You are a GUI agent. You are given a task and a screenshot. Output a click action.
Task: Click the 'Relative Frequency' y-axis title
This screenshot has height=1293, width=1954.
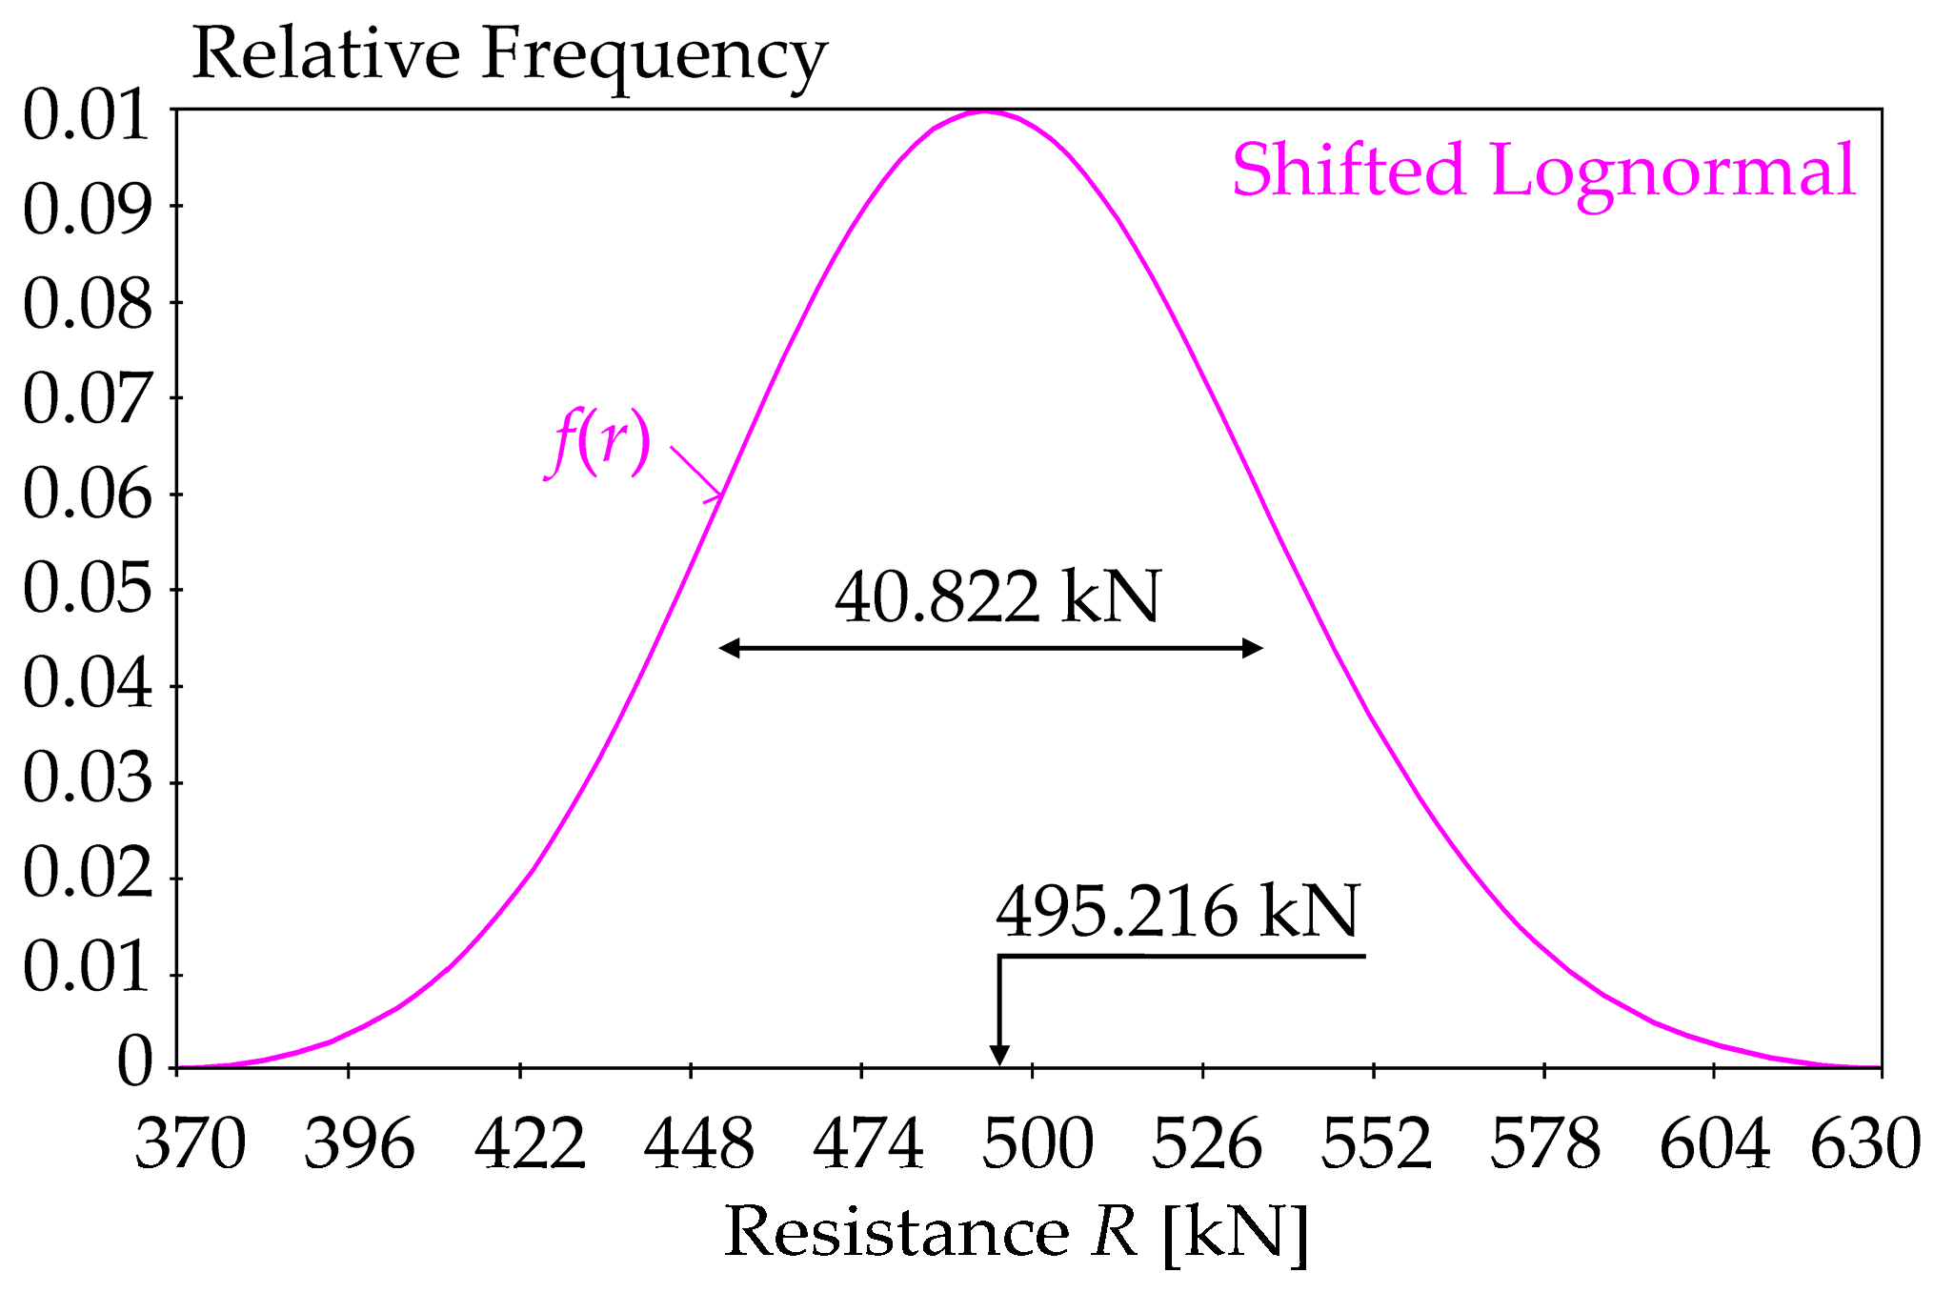509,55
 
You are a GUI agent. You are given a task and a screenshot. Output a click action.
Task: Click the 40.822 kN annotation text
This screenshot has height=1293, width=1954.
997,598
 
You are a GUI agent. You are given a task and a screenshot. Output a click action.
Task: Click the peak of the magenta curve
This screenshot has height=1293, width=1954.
984,111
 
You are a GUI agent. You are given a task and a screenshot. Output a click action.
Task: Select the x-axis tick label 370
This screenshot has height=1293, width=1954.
191,1144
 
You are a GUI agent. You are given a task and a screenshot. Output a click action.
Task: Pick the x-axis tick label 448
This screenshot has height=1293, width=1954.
698,1144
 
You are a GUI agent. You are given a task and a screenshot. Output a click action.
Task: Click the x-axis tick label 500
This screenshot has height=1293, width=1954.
1037,1144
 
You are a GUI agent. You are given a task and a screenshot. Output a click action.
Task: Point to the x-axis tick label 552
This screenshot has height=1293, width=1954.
1376,1144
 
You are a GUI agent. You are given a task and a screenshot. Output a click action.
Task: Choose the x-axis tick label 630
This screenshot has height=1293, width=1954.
1864,1144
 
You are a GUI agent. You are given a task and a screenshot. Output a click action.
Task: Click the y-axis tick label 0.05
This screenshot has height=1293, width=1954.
88,589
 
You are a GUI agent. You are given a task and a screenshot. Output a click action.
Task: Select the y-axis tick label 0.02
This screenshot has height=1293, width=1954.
88,874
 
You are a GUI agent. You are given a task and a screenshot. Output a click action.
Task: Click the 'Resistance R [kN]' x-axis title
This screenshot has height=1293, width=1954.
1016,1233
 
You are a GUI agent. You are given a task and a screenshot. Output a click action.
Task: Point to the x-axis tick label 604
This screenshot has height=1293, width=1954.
1714,1144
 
